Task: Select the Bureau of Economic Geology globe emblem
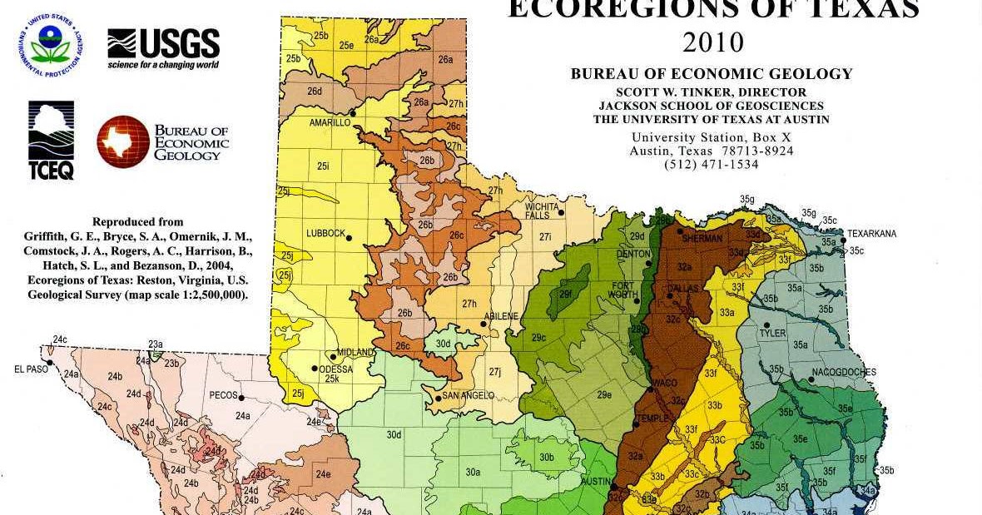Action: [x=122, y=141]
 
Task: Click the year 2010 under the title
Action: [x=712, y=42]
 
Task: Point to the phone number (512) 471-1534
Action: [x=712, y=165]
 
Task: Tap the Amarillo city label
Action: [x=330, y=122]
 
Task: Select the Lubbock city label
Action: [x=325, y=234]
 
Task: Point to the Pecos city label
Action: [x=223, y=395]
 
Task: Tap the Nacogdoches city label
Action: [x=844, y=372]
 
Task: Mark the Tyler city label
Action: [x=771, y=333]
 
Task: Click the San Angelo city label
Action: [x=468, y=396]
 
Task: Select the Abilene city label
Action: [x=502, y=316]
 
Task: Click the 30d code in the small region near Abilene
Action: [x=443, y=344]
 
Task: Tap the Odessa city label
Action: [x=336, y=369]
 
